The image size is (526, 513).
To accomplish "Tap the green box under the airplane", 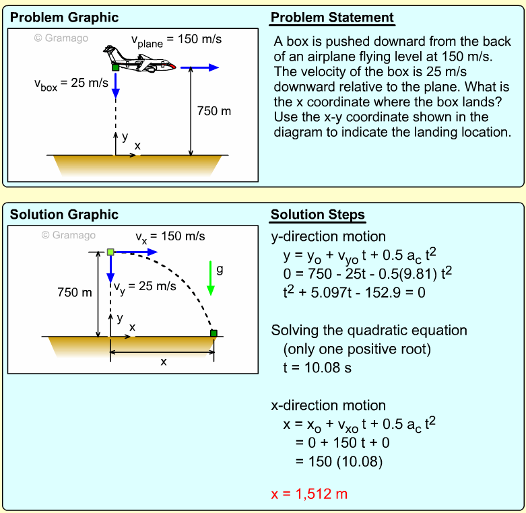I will pos(116,67).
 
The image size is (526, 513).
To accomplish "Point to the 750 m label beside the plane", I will pos(213,111).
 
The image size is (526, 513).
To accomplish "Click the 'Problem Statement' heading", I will pos(332,18).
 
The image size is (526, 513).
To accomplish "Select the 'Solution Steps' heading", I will pos(317,215).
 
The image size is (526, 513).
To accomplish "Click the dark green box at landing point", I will pos(213,333).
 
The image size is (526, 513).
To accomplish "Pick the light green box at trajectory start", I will pos(110,252).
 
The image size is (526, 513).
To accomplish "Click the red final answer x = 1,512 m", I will pos(309,494).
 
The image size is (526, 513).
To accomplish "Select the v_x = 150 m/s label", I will pos(170,237).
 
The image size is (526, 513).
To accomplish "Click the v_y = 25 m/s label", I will pos(145,287).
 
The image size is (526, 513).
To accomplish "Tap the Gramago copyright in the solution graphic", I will pos(69,235).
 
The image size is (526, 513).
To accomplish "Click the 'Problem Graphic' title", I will pos(64,18).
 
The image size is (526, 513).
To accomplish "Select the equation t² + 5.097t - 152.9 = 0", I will pos(354,293).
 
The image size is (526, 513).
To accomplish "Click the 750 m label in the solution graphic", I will pos(74,292).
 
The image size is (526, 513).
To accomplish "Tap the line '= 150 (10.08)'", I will pos(339,462).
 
